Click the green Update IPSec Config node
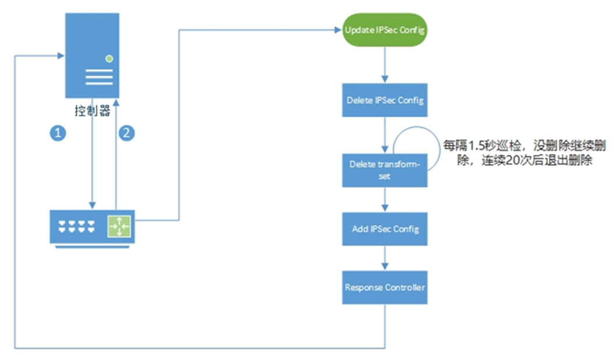[384, 30]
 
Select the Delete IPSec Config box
[384, 100]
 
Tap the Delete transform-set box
[384, 169]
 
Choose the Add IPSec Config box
[384, 229]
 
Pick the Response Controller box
[384, 287]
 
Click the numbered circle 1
[56, 133]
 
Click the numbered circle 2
[126, 133]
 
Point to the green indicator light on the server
[109, 59]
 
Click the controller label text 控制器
[93, 111]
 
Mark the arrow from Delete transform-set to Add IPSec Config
[384, 199]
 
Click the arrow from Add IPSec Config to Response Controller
[384, 258]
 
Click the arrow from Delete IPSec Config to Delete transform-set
[384, 135]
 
